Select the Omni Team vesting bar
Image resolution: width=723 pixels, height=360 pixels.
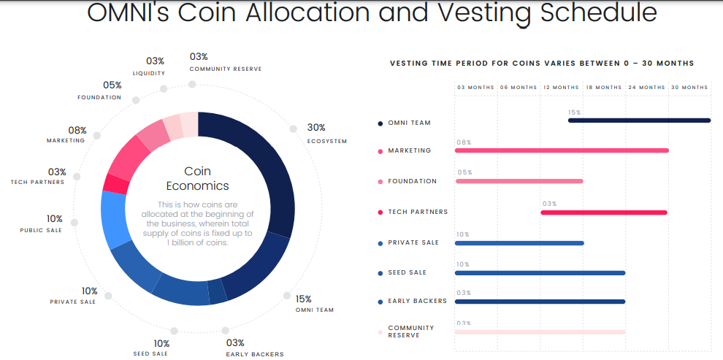pyautogui.click(x=639, y=120)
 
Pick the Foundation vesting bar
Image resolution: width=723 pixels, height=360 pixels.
pyautogui.click(x=519, y=181)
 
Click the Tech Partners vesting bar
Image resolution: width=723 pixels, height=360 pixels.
pyautogui.click(x=604, y=212)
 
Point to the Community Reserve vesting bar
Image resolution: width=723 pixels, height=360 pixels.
pyautogui.click(x=540, y=332)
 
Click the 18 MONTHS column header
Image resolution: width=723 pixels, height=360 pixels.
pyautogui.click(x=604, y=88)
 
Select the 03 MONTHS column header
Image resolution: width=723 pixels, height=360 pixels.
pyautogui.click(x=475, y=88)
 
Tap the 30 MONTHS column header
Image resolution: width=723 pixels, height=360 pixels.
pyautogui.click(x=689, y=88)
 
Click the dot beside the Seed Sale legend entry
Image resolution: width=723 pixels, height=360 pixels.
pyautogui.click(x=380, y=274)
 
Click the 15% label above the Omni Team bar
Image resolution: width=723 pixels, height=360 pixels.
pyautogui.click(x=574, y=112)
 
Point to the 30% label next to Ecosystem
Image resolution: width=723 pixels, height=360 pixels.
pyautogui.click(x=316, y=127)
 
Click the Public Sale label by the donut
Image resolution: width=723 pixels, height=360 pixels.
pyautogui.click(x=41, y=231)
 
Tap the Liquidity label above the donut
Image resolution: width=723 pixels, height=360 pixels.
pyautogui.click(x=149, y=73)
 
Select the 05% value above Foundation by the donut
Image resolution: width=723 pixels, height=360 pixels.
pyautogui.click(x=112, y=85)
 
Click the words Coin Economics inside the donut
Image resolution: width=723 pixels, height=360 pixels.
pyautogui.click(x=197, y=178)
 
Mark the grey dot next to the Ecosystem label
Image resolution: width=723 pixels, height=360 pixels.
pyautogui.click(x=293, y=129)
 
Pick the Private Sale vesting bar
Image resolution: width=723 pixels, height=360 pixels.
pyautogui.click(x=519, y=243)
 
